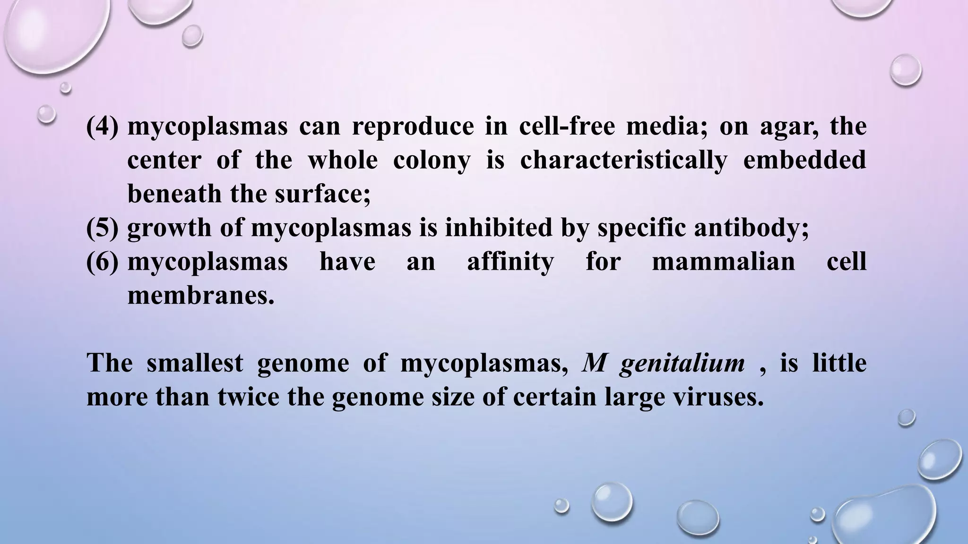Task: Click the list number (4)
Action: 102,127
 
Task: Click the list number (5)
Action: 102,228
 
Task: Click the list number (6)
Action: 102,262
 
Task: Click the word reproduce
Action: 413,127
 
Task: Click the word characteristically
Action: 623,161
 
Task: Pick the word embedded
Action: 804,161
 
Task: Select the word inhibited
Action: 498,228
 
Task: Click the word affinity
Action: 510,262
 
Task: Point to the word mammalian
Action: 723,262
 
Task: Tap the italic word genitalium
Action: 682,364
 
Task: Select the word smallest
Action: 195,363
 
